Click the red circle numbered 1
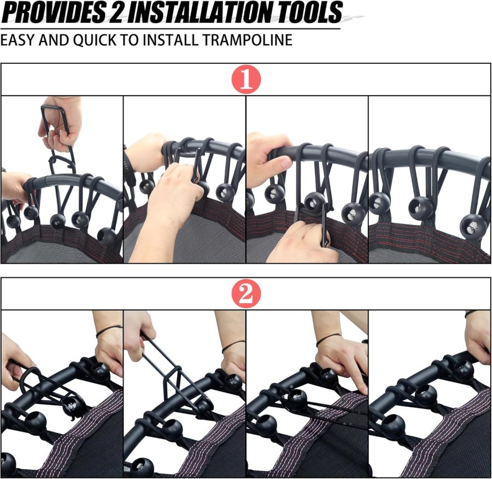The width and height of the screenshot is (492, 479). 245,80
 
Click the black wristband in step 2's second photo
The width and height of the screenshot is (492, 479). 233,345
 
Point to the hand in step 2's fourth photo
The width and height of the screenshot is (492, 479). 478,336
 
